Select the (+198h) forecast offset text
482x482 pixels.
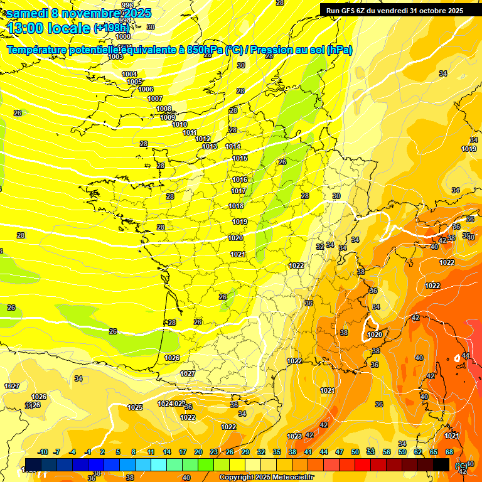pos(111,28)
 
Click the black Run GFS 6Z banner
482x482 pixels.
pos(394,10)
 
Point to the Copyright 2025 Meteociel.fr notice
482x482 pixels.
pos(266,477)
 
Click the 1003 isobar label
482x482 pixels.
pos(115,56)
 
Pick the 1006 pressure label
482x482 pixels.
pos(146,89)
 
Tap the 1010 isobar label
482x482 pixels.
pos(179,124)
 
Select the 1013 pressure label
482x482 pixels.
pos(210,146)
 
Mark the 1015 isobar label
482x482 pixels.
pos(240,159)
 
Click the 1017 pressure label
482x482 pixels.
pos(238,191)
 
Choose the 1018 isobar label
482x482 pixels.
pos(236,206)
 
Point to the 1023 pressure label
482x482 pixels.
pos(294,436)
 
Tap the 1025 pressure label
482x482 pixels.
pos(135,407)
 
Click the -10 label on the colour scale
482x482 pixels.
pos(43,452)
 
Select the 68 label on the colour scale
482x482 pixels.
pos(449,452)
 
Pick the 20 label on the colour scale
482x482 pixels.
pos(198,452)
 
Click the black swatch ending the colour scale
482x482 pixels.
pos(441,464)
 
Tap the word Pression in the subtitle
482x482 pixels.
pos(276,50)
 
